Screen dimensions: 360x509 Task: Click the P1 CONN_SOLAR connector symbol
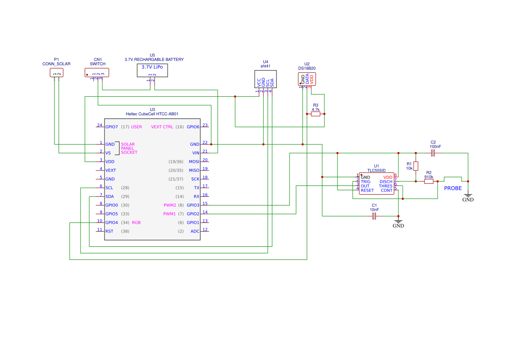tap(57, 72)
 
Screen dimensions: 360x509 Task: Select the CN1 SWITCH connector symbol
tap(97, 72)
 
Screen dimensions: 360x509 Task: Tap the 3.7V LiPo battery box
tap(152, 70)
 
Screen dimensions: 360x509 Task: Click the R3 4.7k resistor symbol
tap(316, 114)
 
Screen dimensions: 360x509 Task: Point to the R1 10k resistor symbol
tap(416, 166)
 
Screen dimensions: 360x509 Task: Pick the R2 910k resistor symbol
tap(429, 182)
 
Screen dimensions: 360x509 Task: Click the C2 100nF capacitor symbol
tap(432, 153)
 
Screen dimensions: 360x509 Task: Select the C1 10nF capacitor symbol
tap(374, 216)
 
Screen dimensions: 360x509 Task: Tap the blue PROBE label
tap(453, 188)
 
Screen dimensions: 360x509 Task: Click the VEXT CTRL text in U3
tap(162, 127)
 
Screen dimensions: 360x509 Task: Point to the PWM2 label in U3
tap(169, 205)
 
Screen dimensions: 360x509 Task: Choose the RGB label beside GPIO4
tap(136, 222)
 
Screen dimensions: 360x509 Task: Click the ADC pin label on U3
tap(195, 231)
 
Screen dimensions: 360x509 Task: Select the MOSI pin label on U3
tap(194, 161)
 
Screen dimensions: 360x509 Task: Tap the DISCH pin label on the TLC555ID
tap(386, 182)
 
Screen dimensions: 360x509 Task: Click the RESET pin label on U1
tap(367, 190)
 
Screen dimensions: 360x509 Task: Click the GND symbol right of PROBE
tap(468, 197)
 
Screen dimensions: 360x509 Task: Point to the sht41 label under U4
tap(266, 67)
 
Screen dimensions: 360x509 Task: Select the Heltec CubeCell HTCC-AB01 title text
tap(152, 114)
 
